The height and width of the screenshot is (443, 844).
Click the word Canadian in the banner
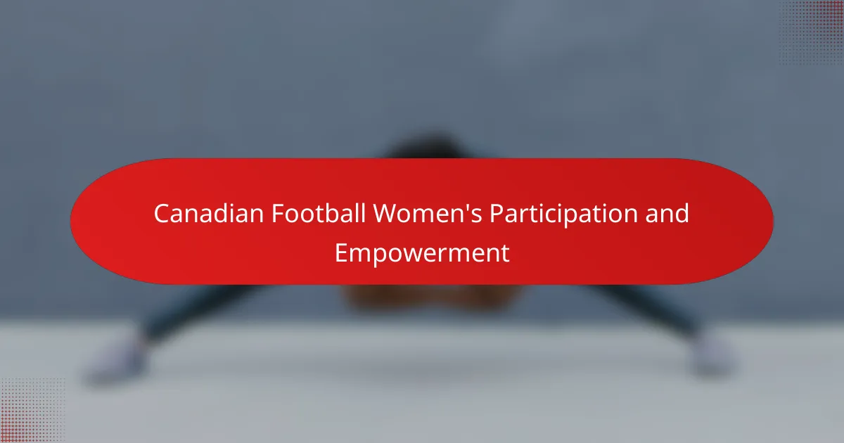click(209, 213)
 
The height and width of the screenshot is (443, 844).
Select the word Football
click(319, 213)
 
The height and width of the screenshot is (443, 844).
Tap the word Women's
click(428, 213)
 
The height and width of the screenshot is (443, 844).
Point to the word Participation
click(563, 215)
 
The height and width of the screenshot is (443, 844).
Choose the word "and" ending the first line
click(667, 213)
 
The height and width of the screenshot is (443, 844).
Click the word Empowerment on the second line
click(422, 254)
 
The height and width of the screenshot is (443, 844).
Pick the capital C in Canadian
click(162, 214)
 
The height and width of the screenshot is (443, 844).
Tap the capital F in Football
click(278, 214)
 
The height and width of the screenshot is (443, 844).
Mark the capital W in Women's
click(387, 214)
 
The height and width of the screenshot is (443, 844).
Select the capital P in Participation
click(497, 214)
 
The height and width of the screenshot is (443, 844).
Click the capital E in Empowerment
click(341, 253)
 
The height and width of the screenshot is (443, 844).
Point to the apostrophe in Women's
click(466, 207)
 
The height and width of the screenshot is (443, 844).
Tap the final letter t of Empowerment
click(505, 254)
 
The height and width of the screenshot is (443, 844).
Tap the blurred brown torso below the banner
click(433, 297)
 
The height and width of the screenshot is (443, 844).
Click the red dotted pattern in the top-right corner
click(812, 32)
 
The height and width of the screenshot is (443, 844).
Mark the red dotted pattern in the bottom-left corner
click(32, 411)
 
